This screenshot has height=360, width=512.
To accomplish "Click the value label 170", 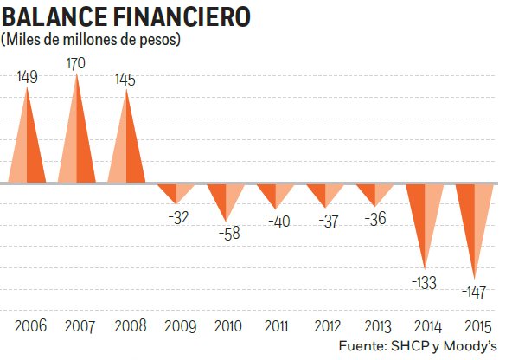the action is point(76,64).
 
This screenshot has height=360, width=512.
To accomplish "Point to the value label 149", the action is point(28,77).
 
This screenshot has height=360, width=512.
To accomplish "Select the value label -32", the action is point(179,217).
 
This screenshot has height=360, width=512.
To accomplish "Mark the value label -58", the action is point(229,233).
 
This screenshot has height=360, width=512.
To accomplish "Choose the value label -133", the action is point(424,282).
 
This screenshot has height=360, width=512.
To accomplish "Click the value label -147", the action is point(474,292).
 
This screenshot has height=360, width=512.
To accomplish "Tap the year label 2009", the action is point(180,326).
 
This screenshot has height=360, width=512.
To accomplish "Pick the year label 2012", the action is point(328,326).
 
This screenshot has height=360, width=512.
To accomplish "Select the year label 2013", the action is point(377,326).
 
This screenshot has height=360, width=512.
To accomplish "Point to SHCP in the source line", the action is point(410,346).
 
